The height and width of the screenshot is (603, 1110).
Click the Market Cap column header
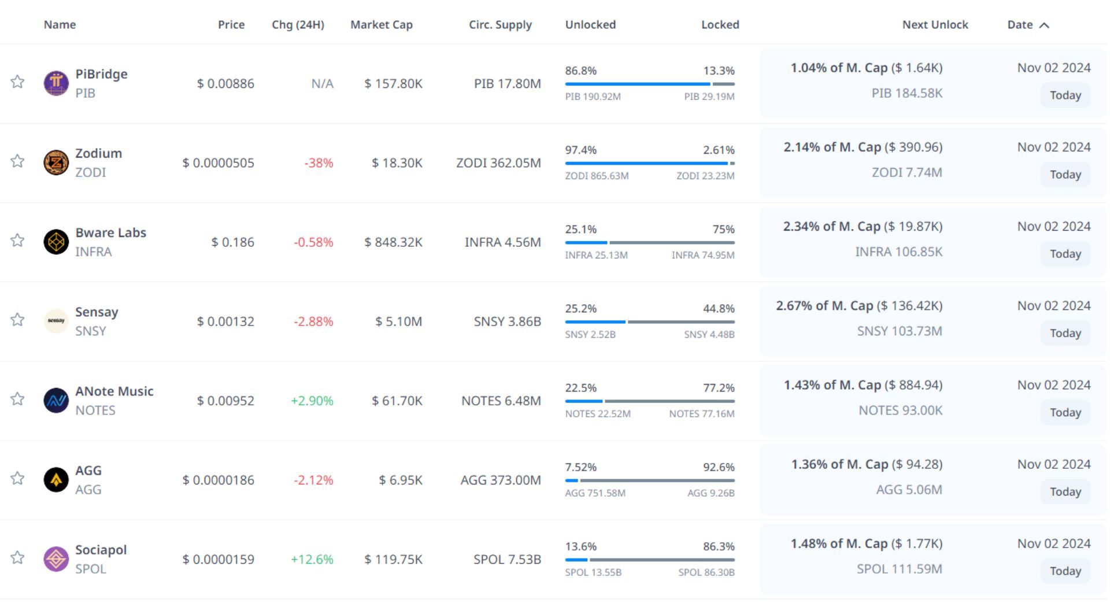pyautogui.click(x=381, y=25)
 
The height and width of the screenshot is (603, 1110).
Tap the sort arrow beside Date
pyautogui.click(x=1044, y=25)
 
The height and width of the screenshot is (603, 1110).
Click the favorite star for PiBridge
pyautogui.click(x=17, y=82)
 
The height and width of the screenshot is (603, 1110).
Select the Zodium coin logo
pyautogui.click(x=56, y=162)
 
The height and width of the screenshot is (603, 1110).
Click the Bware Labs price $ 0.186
pyautogui.click(x=232, y=242)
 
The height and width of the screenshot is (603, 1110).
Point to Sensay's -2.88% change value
pyautogui.click(x=313, y=321)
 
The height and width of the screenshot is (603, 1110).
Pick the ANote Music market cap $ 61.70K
pyautogui.click(x=397, y=401)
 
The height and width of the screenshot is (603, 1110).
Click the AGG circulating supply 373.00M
pyautogui.click(x=501, y=480)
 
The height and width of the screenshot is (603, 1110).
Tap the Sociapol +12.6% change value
pyautogui.click(x=312, y=559)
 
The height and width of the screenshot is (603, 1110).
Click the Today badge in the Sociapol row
pyautogui.click(x=1065, y=571)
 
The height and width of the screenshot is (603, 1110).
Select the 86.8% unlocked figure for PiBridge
pyautogui.click(x=580, y=71)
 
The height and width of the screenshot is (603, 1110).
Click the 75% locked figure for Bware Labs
pyautogui.click(x=723, y=230)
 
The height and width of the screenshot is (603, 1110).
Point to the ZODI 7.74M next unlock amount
pyautogui.click(x=906, y=172)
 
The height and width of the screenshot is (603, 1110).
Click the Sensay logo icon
pyautogui.click(x=56, y=321)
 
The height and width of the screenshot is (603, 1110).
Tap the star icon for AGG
pyautogui.click(x=17, y=478)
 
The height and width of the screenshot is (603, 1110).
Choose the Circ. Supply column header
pyautogui.click(x=500, y=25)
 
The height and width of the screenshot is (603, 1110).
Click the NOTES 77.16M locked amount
pyautogui.click(x=701, y=414)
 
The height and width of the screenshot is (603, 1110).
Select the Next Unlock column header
pyautogui.click(x=935, y=25)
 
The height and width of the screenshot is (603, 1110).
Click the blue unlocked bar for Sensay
pyautogui.click(x=595, y=322)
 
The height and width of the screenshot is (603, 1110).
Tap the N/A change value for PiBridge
pyautogui.click(x=322, y=84)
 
